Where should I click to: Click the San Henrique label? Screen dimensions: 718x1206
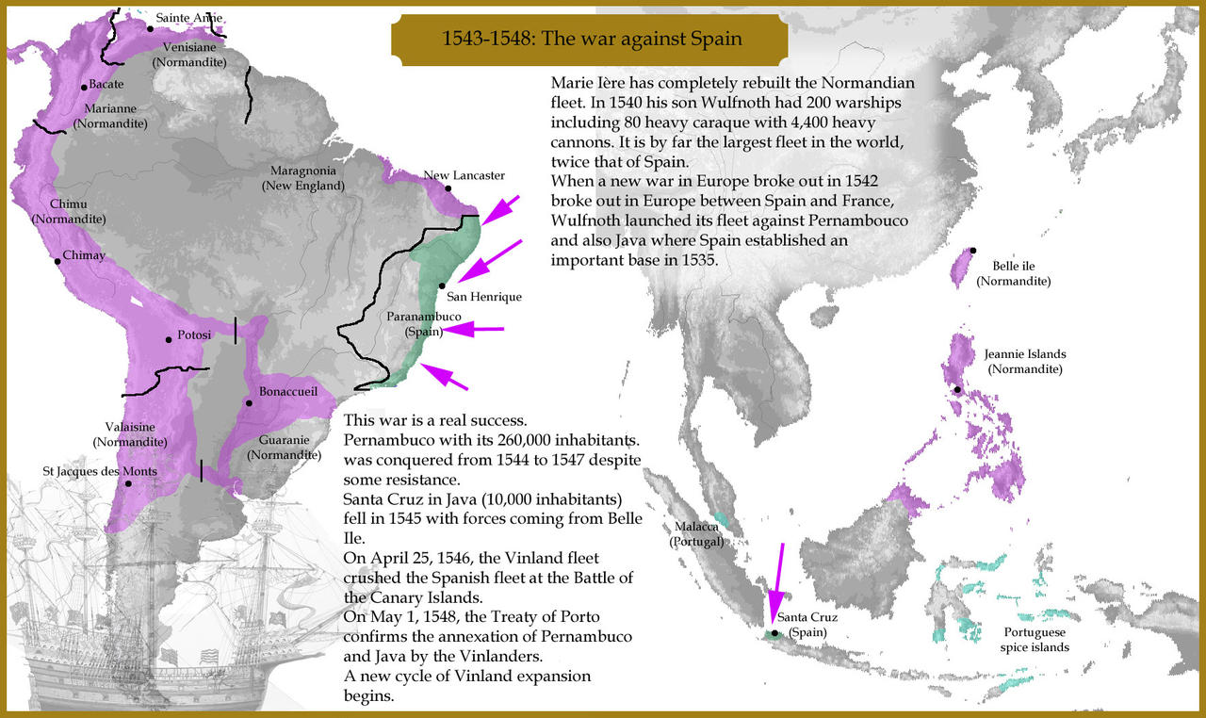[483, 296]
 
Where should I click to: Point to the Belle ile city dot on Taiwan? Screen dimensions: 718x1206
[973, 250]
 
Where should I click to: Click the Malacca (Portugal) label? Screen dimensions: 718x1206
[697, 533]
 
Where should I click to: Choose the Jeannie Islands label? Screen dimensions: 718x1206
[1025, 361]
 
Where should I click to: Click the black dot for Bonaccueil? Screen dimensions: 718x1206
[250, 403]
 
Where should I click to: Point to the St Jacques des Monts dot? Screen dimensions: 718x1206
[129, 484]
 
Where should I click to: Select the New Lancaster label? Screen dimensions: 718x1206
[464, 175]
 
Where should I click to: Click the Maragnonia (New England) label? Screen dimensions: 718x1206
[302, 178]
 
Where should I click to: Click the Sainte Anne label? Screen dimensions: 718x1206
[188, 17]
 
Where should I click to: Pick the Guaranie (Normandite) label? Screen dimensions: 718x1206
[285, 447]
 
